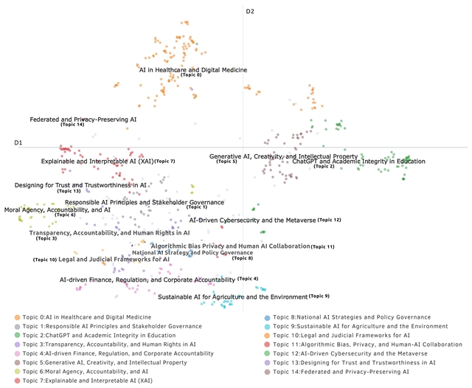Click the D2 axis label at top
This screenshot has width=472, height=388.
pos(250,11)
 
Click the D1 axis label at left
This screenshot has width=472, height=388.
pos(18,142)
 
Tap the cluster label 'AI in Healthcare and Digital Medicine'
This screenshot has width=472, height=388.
pos(193,70)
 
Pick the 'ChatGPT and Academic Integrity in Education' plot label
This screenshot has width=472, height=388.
pos(358,161)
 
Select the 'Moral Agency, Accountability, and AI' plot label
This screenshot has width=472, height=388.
pos(57,209)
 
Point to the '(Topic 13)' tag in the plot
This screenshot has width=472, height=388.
pos(68,191)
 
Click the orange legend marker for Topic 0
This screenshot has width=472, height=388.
pos(17,317)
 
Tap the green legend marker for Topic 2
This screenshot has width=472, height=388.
pos(17,335)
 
